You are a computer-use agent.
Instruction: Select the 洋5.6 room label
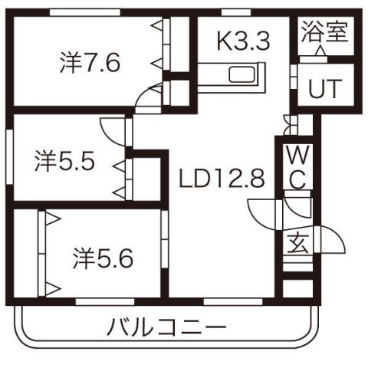click(x=103, y=257)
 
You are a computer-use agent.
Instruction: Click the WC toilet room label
click(x=296, y=168)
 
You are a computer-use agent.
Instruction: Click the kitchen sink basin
click(x=245, y=76)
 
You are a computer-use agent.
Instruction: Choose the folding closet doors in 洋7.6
click(x=159, y=54)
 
